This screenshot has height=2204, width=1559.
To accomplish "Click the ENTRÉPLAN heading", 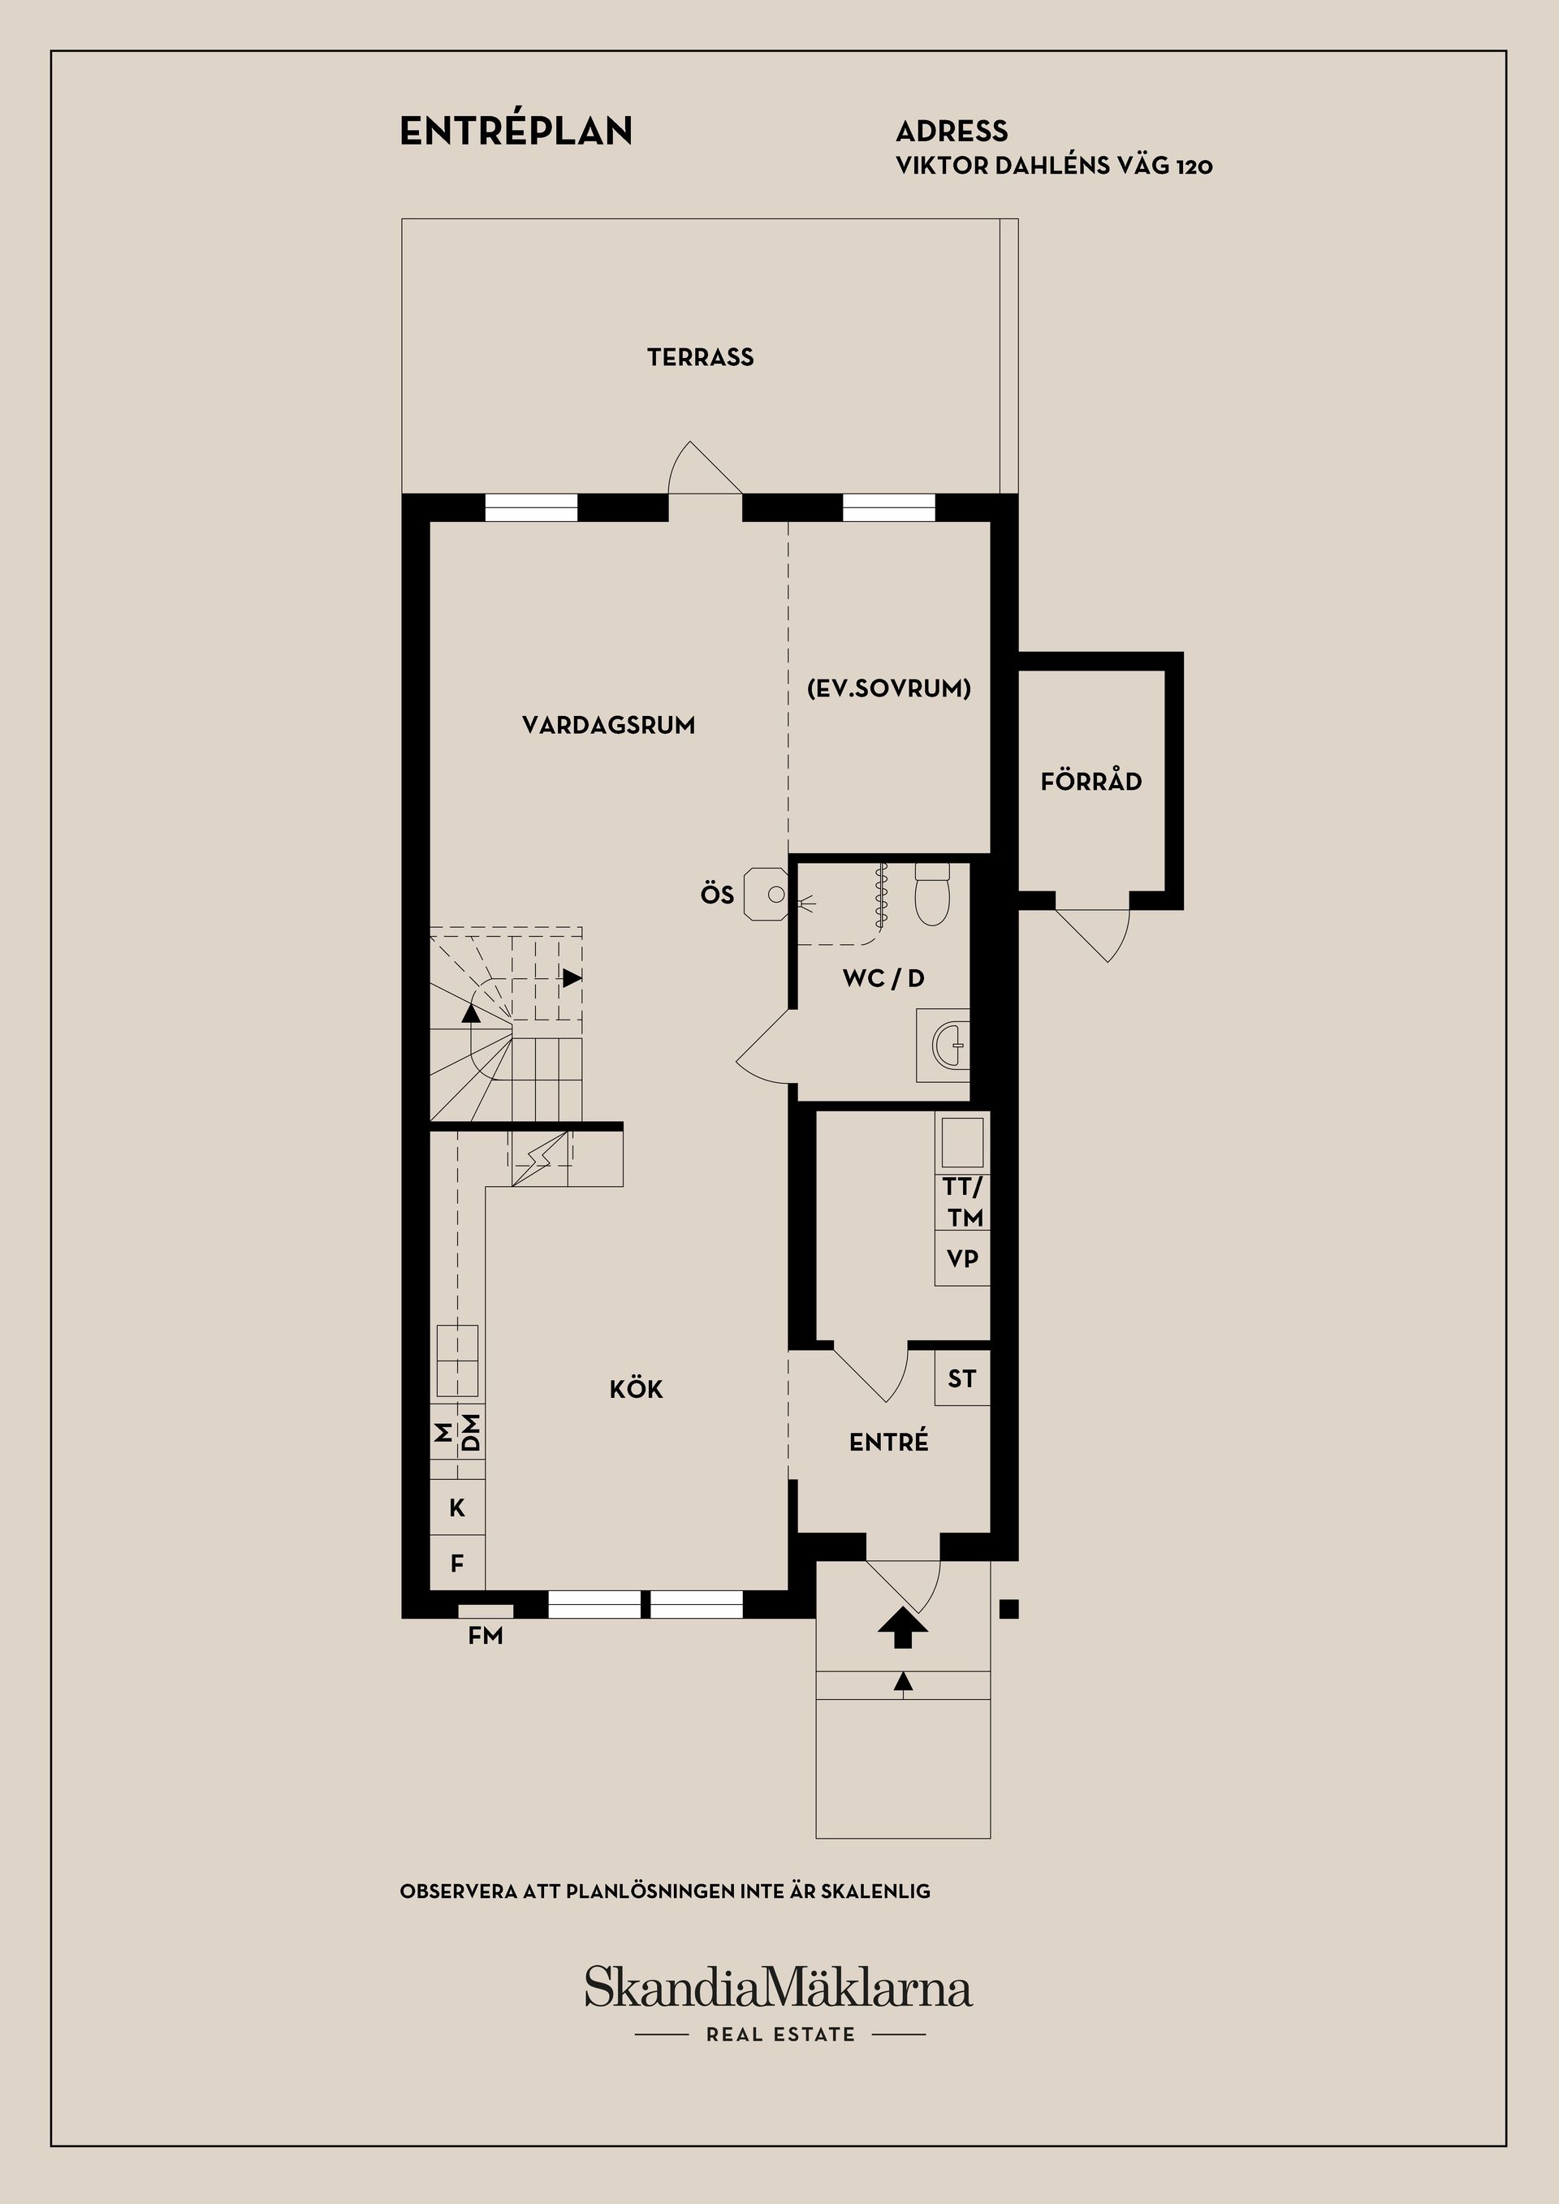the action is pyautogui.click(x=516, y=131).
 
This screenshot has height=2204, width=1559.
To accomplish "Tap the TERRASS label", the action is pyautogui.click(x=701, y=358).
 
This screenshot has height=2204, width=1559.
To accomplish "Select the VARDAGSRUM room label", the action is pyautogui.click(x=609, y=725).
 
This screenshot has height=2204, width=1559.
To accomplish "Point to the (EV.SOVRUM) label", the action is pyautogui.click(x=889, y=688).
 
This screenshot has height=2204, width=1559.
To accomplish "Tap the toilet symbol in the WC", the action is pyautogui.click(x=931, y=894).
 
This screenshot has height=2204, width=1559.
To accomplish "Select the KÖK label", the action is pyautogui.click(x=637, y=1388).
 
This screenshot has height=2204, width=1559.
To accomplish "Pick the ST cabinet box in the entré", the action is pyautogui.click(x=962, y=1378).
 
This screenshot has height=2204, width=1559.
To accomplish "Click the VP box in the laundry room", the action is pyautogui.click(x=963, y=1258).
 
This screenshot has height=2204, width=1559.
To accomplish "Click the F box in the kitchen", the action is pyautogui.click(x=458, y=1564).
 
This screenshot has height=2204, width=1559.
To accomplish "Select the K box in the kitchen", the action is pyautogui.click(x=458, y=1508).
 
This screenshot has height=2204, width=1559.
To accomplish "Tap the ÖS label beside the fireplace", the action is pyautogui.click(x=717, y=895).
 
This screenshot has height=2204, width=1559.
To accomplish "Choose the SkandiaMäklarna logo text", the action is pyautogui.click(x=779, y=1987).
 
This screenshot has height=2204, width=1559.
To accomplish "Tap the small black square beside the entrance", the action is pyautogui.click(x=1009, y=1608).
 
